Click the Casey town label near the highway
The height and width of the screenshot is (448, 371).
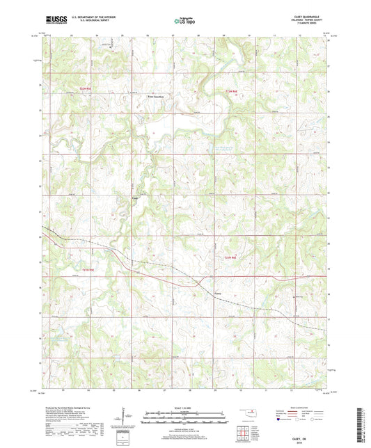point(219,293)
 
